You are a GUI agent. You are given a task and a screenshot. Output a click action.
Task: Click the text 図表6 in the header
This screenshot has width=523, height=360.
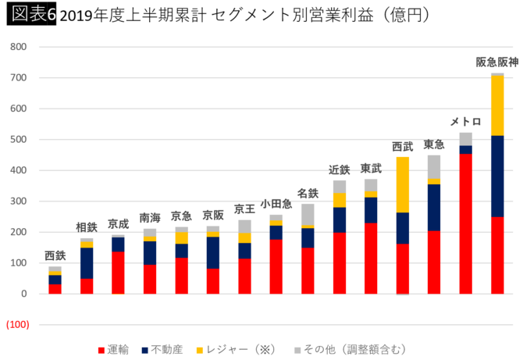[x=29, y=15]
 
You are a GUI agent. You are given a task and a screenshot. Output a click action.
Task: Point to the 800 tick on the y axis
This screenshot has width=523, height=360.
[x=19, y=47]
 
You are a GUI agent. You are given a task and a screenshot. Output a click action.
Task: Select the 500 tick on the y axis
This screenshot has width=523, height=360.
[x=19, y=140]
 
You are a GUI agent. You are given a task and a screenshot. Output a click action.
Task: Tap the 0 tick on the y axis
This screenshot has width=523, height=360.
[x=23, y=294]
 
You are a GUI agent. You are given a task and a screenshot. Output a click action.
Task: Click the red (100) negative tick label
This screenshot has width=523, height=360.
[x=17, y=325]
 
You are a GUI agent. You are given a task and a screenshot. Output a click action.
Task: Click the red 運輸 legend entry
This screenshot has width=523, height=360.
[x=113, y=349]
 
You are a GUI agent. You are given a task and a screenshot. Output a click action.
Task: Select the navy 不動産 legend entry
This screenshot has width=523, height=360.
[x=168, y=349]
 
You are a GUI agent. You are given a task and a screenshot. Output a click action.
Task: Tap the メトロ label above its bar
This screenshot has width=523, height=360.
[x=465, y=122]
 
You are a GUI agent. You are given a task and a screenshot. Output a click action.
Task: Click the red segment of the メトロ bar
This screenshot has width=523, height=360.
[x=465, y=223]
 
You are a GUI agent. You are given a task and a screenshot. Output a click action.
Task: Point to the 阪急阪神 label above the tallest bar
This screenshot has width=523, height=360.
[x=496, y=62]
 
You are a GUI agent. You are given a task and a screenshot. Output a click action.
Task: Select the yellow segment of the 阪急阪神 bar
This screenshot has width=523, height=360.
[x=497, y=105]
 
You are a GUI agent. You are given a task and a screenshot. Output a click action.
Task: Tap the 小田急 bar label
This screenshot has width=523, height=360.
[x=276, y=204]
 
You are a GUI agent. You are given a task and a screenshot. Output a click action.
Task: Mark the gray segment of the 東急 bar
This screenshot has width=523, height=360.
[x=433, y=166]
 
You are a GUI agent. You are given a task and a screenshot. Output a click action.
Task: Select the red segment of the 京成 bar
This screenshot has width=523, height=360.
[x=118, y=272]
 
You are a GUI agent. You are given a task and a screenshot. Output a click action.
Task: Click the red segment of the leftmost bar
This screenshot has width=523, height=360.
[x=55, y=288]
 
